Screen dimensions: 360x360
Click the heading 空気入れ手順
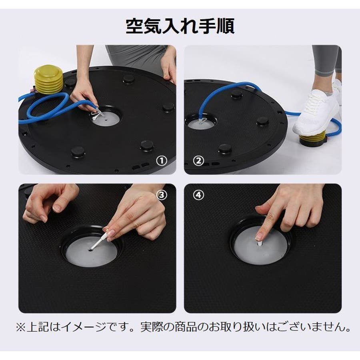pos(180,26)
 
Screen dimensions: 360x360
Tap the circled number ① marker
pos(162,161)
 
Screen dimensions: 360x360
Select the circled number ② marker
pos(198,161)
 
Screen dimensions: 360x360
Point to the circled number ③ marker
pos(162,195)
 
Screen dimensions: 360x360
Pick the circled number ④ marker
pos(198,195)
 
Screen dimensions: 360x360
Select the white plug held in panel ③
pos(100,240)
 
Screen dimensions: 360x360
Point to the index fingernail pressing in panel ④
pos(259,236)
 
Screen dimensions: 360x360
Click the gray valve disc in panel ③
pos(91,252)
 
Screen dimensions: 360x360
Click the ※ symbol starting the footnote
pos(21,327)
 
